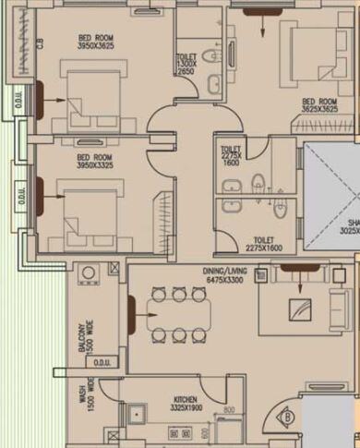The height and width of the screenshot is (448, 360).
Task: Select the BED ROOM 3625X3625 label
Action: pyautogui.click(x=320, y=105)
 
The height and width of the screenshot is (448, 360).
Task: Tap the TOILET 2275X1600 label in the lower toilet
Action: pyautogui.click(x=263, y=242)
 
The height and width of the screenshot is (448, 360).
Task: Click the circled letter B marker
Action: pyautogui.click(x=288, y=417)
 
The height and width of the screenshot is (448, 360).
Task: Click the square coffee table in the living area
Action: pyautogui.click(x=298, y=309)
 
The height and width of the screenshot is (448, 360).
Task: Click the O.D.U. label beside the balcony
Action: pyautogui.click(x=102, y=363)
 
